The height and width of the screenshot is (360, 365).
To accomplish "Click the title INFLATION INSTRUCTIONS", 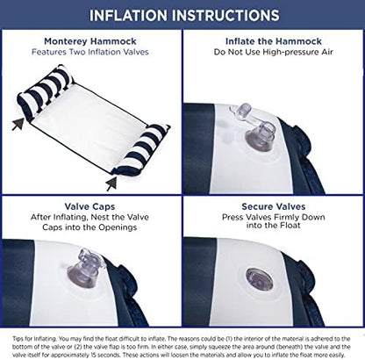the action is [184, 15].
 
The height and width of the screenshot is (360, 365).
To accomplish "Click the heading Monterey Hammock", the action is [90, 41].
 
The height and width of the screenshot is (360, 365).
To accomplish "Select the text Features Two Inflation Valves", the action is [90, 52].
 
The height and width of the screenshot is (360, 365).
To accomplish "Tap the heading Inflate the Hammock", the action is [274, 41].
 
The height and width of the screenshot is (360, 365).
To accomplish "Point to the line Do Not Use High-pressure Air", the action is [274, 52].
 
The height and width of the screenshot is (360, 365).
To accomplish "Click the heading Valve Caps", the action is [89, 206].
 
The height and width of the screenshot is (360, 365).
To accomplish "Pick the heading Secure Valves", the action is [274, 206].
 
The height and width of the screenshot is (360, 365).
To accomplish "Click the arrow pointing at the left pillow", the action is [18, 124].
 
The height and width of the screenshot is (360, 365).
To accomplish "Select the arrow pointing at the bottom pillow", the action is [111, 184].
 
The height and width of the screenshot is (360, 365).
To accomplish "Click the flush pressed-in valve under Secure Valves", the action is [259, 279].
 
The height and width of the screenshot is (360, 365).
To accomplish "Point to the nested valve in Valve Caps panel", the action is [82, 269].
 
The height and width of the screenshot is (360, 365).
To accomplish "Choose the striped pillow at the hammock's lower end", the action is [141, 149].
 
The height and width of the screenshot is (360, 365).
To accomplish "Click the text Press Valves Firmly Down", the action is [274, 217].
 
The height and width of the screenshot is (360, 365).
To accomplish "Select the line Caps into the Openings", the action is [89, 227].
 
